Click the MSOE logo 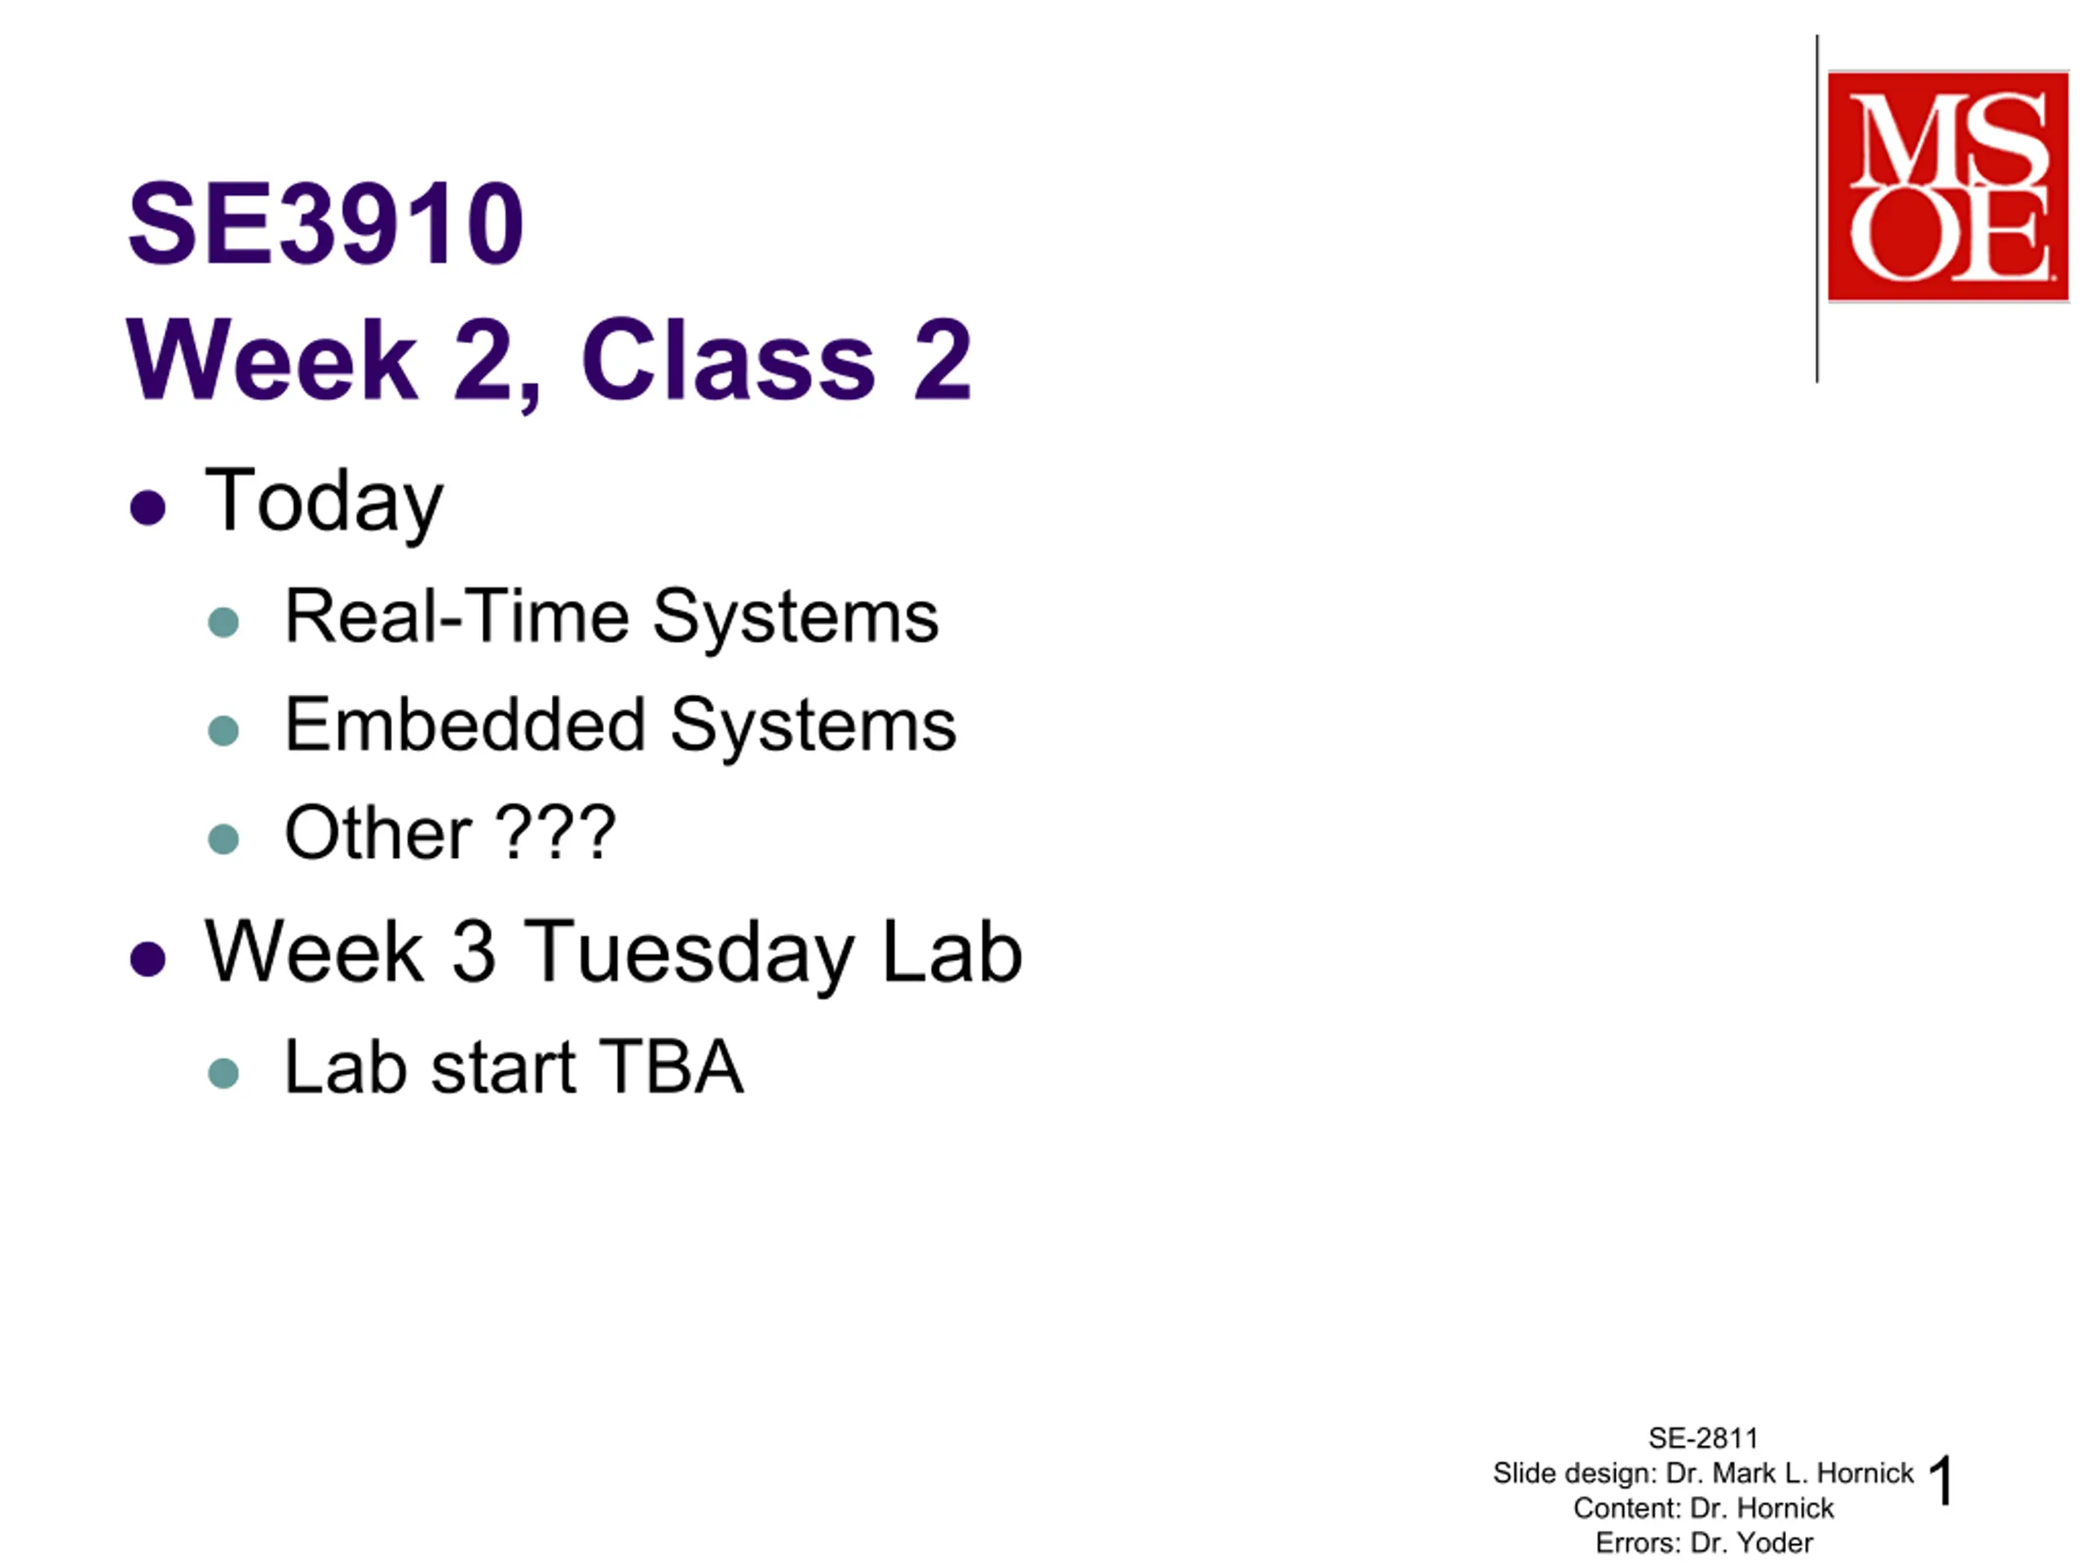point(1948,186)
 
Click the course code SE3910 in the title point(325,224)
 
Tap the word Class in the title point(728,360)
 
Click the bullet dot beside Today point(148,507)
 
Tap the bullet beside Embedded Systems point(223,731)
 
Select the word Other point(378,833)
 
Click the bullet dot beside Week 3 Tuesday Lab point(148,959)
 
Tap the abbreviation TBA point(671,1067)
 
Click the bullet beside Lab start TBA point(223,1073)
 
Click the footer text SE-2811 point(1703,1438)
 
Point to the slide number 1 point(1941,1480)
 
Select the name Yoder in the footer point(1775,1542)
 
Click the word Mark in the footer point(1744,1472)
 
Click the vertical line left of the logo point(1817,209)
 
